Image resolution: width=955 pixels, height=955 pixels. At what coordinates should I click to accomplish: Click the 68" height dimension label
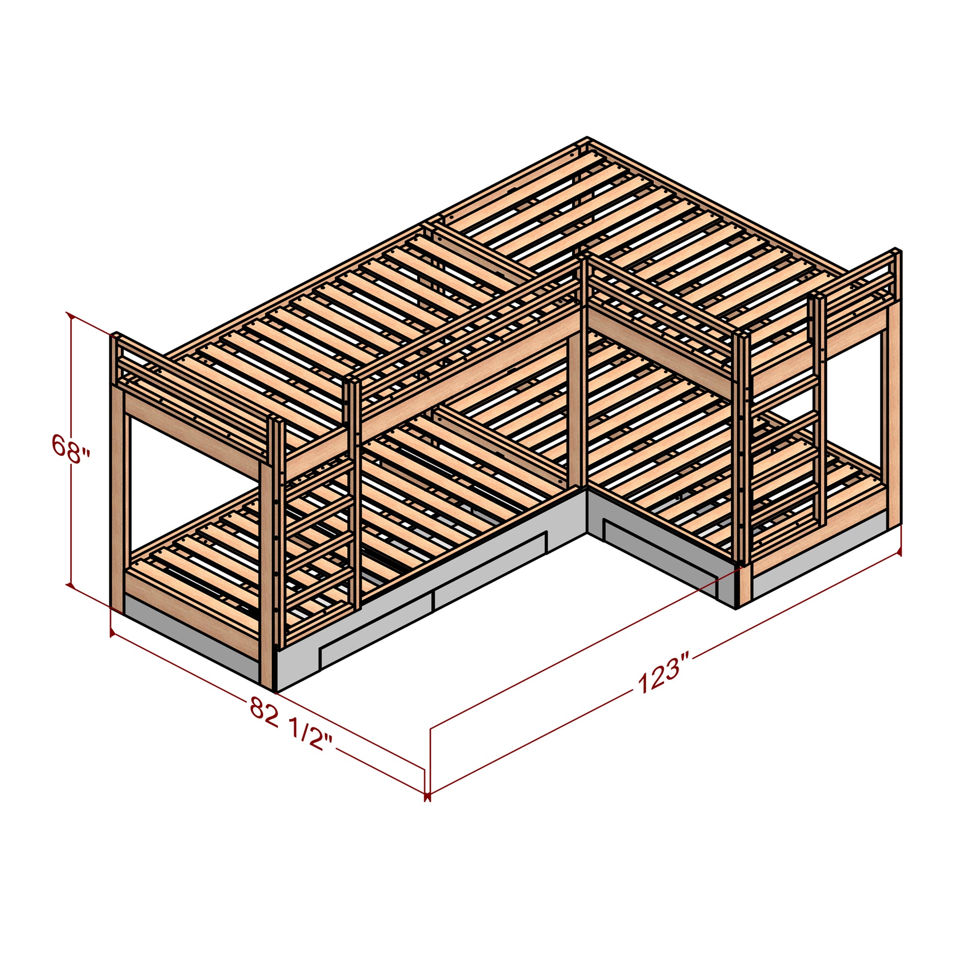point(72,450)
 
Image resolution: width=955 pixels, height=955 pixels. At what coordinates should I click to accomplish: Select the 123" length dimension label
point(663,674)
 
